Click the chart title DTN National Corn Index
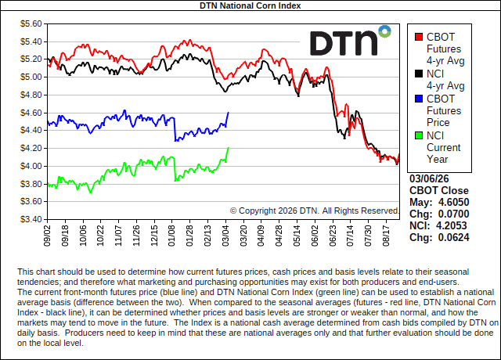click(250, 5)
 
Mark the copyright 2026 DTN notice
click(315, 211)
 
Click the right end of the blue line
click(228, 113)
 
